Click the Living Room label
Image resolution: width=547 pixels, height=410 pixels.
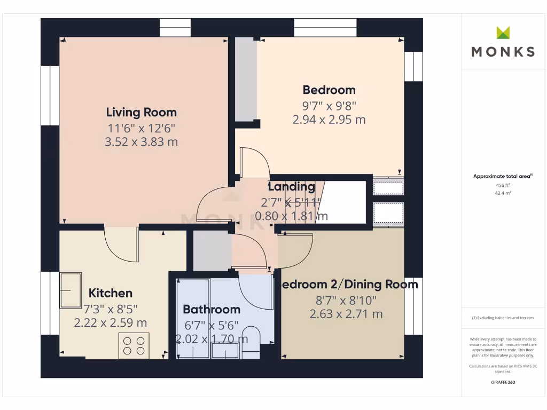pyautogui.click(x=141, y=112)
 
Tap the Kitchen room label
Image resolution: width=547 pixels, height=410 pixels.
pyautogui.click(x=110, y=293)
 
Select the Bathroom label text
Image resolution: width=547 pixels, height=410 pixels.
pyautogui.click(x=211, y=309)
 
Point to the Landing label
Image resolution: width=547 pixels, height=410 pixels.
pyautogui.click(x=291, y=187)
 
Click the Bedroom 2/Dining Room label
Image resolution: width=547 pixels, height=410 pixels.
pyautogui.click(x=347, y=285)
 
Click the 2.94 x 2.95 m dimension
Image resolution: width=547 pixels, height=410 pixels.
pyautogui.click(x=329, y=120)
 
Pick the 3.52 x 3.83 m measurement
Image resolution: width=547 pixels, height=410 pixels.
pyautogui.click(x=142, y=142)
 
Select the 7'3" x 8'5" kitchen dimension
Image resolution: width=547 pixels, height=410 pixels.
pyautogui.click(x=110, y=309)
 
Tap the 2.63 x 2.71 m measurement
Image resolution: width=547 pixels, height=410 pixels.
pyautogui.click(x=346, y=314)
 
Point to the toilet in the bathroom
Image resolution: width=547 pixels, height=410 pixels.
pyautogui.click(x=251, y=342)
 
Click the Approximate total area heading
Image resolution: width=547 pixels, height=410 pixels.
pyautogui.click(x=503, y=176)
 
